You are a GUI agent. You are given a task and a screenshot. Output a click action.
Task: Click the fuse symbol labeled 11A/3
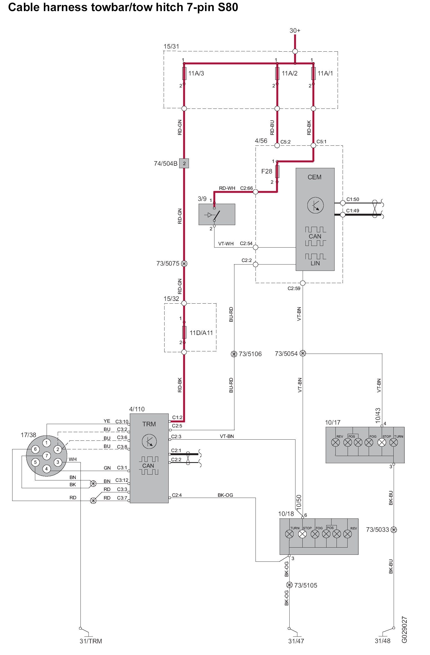(184, 73)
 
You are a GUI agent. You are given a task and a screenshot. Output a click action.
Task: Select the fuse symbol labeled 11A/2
(277, 73)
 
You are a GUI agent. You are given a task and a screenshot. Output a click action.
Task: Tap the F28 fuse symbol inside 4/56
(277, 172)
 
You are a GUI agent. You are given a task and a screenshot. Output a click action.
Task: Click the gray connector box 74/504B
(184, 163)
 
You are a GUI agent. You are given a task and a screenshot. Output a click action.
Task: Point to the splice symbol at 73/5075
(184, 263)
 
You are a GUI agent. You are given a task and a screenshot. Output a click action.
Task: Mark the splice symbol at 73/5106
(234, 354)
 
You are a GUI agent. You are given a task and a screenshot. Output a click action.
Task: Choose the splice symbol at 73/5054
(303, 353)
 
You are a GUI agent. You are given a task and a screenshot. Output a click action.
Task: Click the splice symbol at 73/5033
(393, 530)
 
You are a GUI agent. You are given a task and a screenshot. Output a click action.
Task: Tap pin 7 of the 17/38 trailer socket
(47, 455)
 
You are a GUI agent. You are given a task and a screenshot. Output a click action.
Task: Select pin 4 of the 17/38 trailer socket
(46, 469)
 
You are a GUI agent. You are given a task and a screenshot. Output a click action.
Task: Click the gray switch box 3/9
(217, 214)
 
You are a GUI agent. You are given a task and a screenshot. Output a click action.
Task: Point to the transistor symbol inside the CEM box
(315, 205)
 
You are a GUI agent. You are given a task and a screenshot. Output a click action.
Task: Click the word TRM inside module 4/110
(149, 424)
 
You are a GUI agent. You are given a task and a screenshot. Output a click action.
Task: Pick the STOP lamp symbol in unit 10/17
(382, 442)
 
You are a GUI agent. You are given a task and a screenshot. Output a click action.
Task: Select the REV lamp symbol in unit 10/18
(347, 534)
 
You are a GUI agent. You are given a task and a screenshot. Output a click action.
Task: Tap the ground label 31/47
(296, 641)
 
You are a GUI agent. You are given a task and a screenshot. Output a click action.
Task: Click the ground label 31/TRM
(91, 641)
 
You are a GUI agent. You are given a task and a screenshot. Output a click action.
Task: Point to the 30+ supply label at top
(295, 31)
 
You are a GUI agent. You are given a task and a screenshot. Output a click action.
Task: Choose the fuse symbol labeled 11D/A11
(184, 332)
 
